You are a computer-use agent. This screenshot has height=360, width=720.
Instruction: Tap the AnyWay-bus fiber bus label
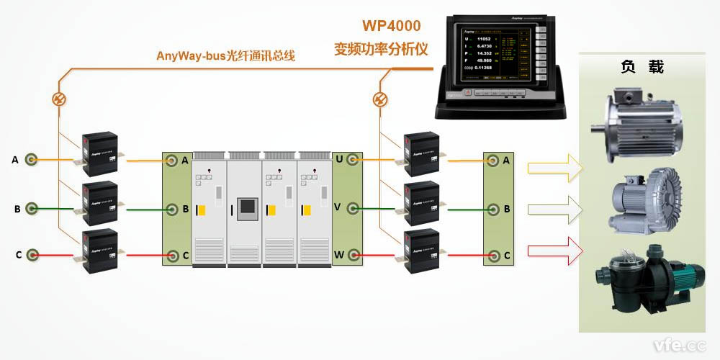[225, 55]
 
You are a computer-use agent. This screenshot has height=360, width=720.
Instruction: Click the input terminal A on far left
[32, 160]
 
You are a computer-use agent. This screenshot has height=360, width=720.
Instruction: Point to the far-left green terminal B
[32, 209]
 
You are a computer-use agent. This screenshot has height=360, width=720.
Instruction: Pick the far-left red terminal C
[32, 255]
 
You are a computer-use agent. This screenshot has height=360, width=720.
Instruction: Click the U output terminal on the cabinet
[354, 160]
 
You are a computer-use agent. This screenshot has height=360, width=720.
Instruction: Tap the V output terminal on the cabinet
[354, 209]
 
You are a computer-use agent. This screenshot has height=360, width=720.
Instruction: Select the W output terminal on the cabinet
[354, 255]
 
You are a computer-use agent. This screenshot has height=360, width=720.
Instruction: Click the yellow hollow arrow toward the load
[553, 168]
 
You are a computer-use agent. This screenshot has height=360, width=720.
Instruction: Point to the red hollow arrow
[553, 251]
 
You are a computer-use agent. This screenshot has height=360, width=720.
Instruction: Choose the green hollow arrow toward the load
[553, 210]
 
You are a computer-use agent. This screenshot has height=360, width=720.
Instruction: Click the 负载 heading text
[642, 68]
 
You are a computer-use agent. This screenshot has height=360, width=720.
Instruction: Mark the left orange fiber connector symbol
[60, 99]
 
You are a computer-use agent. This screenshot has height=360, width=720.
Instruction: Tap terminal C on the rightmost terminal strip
[493, 255]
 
